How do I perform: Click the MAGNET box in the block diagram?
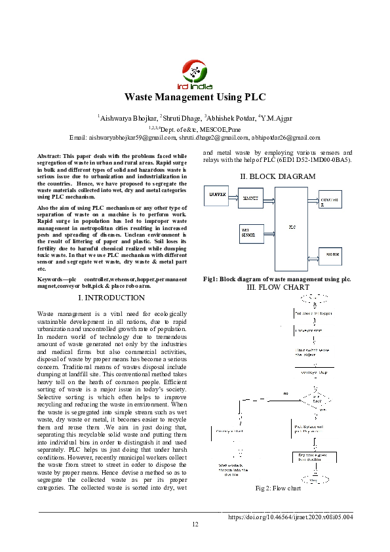pos(250,197)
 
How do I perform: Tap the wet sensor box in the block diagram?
pos(251,231)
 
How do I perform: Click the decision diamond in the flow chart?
pos(315,399)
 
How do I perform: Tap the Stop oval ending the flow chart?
pos(315,481)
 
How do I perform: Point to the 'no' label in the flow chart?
pos(285,393)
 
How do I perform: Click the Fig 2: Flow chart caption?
pos(278,488)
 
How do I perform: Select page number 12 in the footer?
pos(195,524)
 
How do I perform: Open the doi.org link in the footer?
pos(290,517)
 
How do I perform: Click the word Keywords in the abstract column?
pos(52,280)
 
